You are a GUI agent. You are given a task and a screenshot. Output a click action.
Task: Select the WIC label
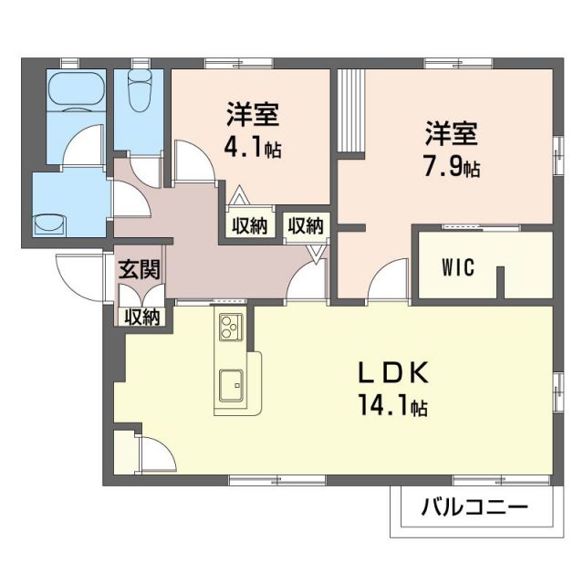[457, 268]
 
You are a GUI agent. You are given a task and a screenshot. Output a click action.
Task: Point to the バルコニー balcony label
[474, 506]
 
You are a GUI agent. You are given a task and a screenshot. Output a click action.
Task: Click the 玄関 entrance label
[141, 270]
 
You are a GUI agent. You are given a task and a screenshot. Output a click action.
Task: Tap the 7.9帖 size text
[451, 168]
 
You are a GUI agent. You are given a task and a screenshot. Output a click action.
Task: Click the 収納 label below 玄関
[142, 317]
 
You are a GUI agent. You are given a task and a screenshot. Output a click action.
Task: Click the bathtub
[76, 92]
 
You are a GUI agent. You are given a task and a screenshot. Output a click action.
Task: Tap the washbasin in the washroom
[52, 222]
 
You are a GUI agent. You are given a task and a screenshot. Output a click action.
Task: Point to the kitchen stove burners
[229, 325]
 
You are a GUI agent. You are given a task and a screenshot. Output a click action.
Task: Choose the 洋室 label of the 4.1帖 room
[253, 116]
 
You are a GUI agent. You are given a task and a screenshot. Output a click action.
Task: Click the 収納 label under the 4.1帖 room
[248, 225]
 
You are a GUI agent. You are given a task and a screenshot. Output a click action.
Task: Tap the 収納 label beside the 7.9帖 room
[307, 224]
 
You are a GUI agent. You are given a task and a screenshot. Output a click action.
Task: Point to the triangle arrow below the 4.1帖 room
[238, 194]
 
